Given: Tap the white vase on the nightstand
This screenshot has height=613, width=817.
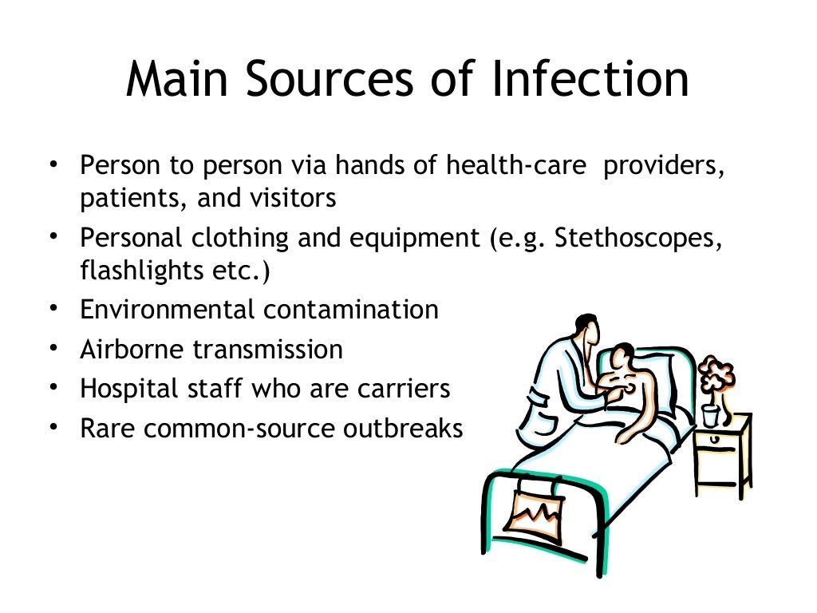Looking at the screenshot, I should (710, 416).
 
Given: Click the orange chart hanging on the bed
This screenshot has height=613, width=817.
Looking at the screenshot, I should (527, 512).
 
